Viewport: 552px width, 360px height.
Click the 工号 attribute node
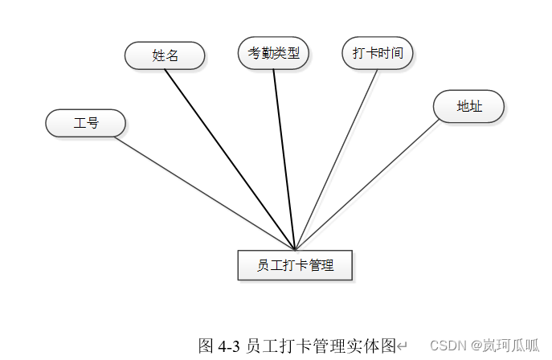85,123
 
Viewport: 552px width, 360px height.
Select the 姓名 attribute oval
165,55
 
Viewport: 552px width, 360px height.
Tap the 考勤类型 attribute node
273,53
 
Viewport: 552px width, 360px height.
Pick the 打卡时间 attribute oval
378,53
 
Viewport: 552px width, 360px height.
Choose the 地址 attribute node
468,106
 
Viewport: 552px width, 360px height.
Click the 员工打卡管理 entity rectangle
295,264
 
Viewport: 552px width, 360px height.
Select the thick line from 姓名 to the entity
230,159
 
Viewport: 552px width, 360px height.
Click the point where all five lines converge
295,249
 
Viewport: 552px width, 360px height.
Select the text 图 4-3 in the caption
219,346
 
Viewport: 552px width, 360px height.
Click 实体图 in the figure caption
378,346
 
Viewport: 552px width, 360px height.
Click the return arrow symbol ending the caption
403,347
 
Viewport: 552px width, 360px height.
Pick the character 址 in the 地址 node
476,106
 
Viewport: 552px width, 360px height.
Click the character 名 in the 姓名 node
172,55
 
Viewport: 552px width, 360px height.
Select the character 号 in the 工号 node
92,123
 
